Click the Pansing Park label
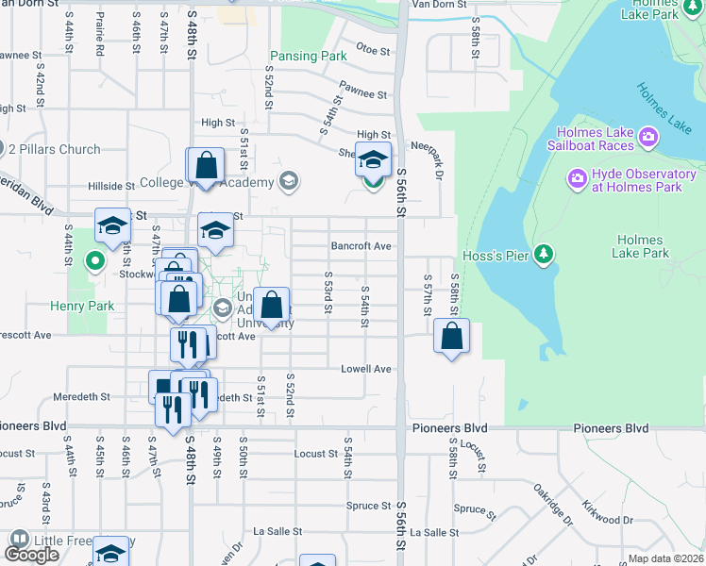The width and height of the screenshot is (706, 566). coord(309,57)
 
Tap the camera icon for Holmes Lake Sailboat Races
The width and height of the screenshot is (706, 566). coord(648,138)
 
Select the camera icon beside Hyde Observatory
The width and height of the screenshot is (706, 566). coord(576,177)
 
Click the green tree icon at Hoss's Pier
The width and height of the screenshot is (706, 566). coord(543,254)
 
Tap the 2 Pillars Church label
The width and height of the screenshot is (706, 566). coord(54,149)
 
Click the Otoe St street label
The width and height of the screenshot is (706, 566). coord(374,50)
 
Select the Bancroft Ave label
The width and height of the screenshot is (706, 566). coord(361,246)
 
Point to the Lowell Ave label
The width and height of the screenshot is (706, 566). coord(365,369)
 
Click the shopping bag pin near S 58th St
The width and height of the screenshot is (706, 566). coord(452,336)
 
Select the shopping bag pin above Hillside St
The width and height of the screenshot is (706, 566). coord(206,166)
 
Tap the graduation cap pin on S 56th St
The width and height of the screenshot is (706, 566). coord(373,159)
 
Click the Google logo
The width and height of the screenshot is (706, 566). coord(31,555)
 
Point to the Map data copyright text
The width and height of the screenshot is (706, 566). coord(665,558)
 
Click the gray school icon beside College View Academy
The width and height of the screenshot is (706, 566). coord(288,181)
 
